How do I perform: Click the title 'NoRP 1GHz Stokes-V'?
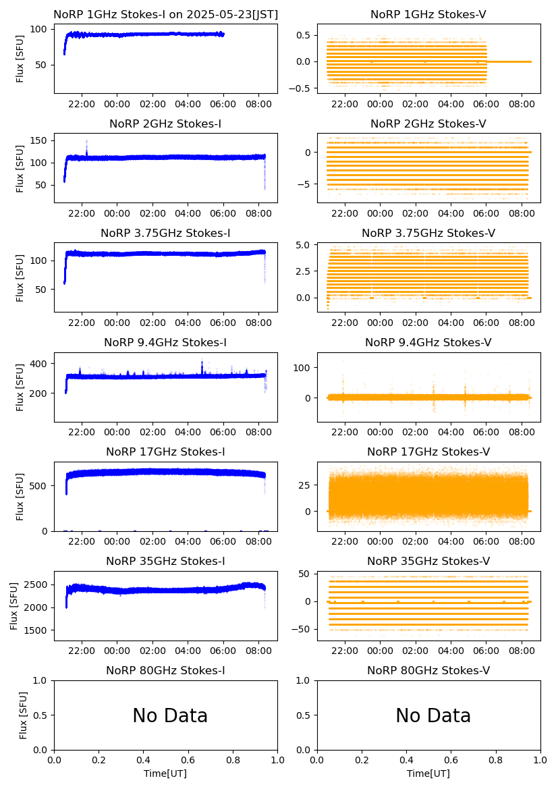tap(428, 15)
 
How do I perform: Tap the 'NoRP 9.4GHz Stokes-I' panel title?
tap(165, 343)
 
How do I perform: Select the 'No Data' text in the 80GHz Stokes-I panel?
tap(170, 715)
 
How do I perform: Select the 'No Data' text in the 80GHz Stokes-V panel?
tap(433, 715)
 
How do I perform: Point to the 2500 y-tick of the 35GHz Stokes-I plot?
tap(37, 584)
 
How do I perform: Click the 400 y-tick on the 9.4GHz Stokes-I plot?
tap(40, 364)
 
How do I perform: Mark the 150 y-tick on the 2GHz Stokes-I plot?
tap(40, 140)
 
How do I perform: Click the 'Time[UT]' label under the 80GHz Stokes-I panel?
tap(165, 773)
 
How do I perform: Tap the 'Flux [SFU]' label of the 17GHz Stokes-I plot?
tap(20, 496)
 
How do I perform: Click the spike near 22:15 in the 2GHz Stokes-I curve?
tap(86, 145)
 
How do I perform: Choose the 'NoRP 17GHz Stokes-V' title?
tap(428, 452)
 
